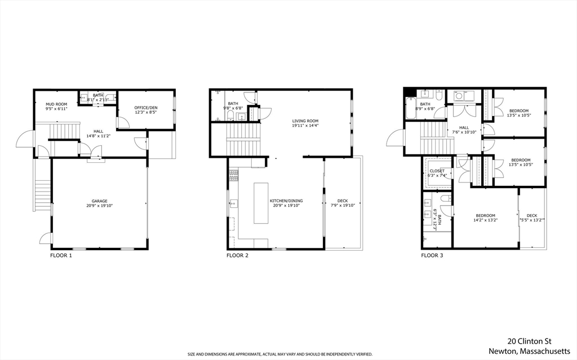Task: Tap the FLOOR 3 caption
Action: (432, 255)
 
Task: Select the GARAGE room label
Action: (100, 201)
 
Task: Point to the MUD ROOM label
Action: (56, 104)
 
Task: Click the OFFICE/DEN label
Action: (145, 108)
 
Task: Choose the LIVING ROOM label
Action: (305, 121)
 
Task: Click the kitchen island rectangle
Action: (260, 203)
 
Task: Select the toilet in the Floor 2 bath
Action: (231, 117)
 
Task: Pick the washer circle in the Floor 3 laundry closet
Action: (459, 96)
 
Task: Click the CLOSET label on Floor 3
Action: (437, 171)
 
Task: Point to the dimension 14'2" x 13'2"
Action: (485, 220)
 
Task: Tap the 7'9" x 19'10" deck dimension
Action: (343, 206)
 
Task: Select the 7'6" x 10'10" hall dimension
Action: (464, 132)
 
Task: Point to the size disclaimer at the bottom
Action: (279, 354)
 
